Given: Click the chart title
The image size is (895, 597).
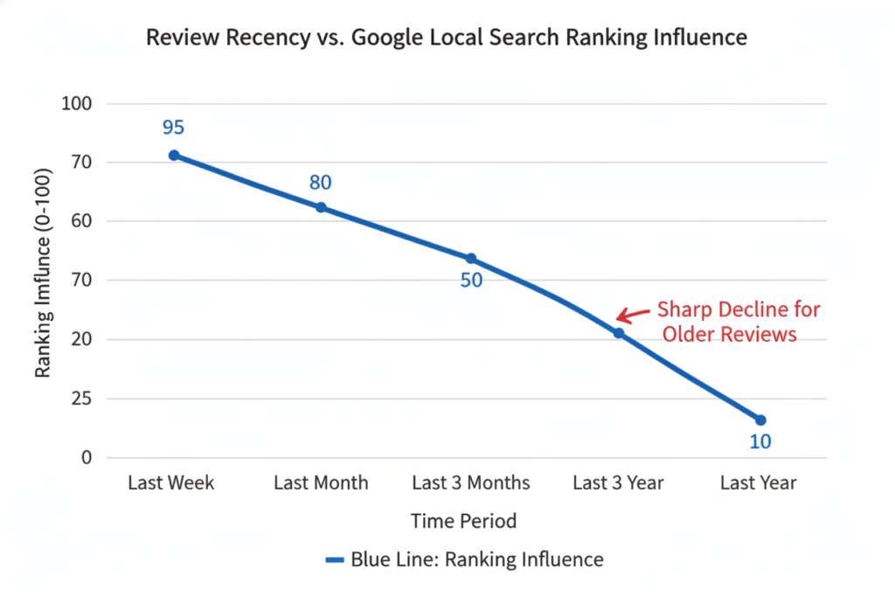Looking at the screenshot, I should pos(447,38).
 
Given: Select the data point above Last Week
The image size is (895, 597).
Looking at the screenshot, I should pos(174,155).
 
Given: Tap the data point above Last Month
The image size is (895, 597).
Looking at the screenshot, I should pos(321,207).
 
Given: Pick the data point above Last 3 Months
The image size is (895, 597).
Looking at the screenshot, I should pos(470,259).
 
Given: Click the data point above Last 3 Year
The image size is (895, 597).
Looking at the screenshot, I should pos(619,333).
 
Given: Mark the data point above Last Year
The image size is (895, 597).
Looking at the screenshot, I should pos(760,420).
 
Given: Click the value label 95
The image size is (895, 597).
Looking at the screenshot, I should pos(173,128).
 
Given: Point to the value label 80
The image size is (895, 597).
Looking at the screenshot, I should pos(321,183).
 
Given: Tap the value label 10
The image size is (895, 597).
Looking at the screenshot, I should pos(760,442).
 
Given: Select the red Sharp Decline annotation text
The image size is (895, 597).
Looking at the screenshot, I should pos(739,322).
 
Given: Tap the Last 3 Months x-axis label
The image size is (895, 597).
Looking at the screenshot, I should pos(470,482).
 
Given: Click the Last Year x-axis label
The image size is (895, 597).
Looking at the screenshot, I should pos(758,482).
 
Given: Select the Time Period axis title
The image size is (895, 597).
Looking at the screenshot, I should pos(463,521).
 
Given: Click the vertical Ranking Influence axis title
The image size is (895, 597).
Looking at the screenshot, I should pos(42,281).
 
